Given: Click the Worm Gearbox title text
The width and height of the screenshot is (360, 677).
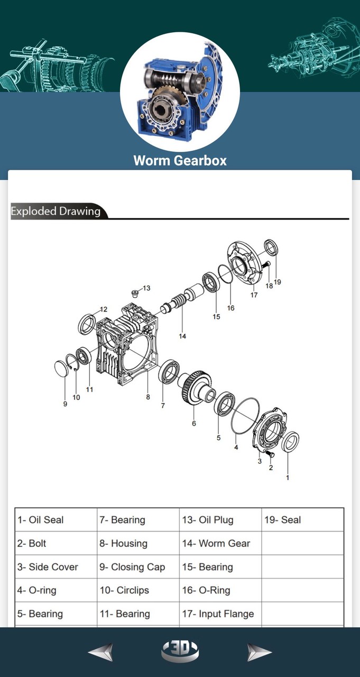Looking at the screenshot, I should click(x=180, y=160).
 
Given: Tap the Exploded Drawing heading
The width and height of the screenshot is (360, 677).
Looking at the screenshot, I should click(x=56, y=211).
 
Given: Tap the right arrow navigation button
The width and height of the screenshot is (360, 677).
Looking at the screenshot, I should click(x=259, y=652).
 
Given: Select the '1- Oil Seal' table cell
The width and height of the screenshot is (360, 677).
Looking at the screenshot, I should click(x=56, y=520).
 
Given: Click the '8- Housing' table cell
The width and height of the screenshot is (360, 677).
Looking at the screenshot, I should click(x=138, y=543).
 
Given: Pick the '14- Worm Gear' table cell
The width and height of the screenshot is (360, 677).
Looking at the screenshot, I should click(x=220, y=543).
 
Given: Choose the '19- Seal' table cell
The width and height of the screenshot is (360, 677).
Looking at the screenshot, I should click(x=302, y=520).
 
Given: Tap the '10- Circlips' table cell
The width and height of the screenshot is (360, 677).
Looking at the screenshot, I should click(x=138, y=590).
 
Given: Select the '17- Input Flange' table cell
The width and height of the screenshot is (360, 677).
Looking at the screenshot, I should click(x=220, y=614).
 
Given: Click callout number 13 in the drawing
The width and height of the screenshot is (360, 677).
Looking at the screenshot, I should click(x=146, y=288).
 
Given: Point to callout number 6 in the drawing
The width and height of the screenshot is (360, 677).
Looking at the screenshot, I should click(x=194, y=423).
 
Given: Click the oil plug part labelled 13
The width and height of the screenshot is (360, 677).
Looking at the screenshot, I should click(x=135, y=292).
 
